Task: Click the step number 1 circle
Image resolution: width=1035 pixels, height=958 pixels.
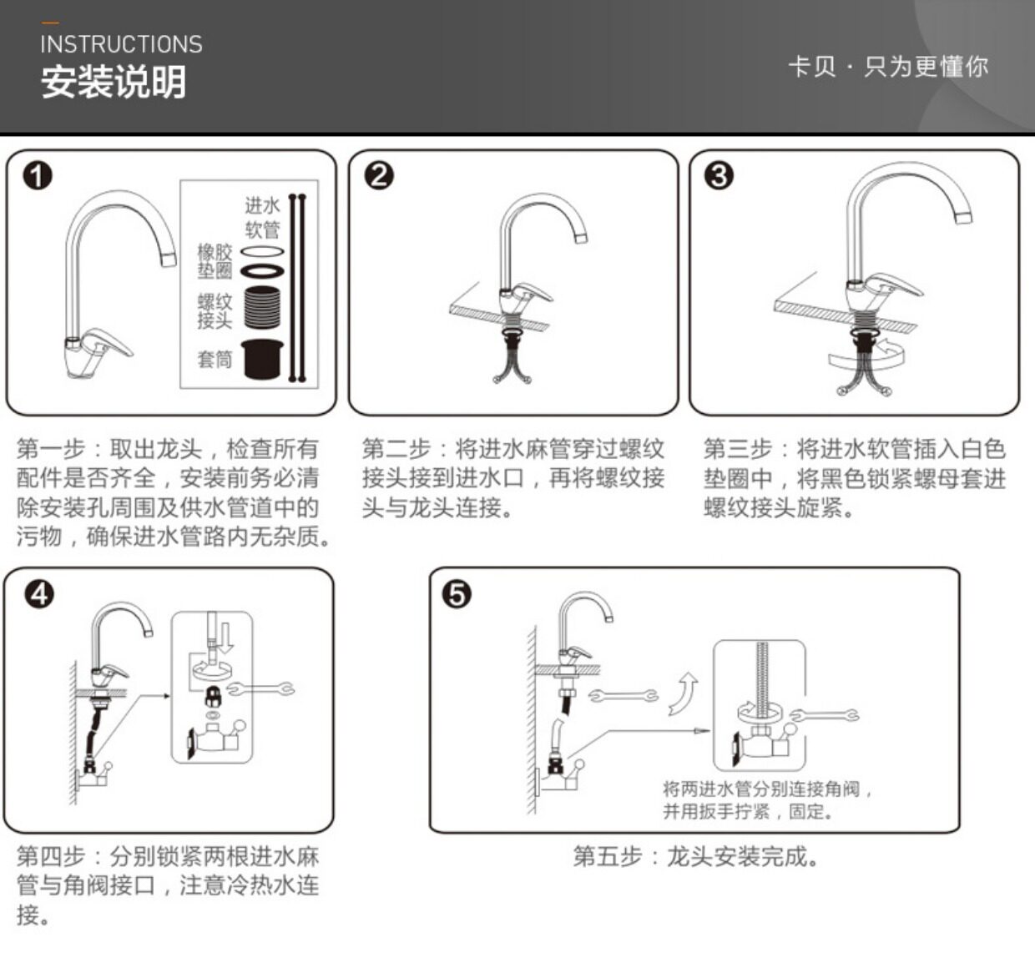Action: click(38, 176)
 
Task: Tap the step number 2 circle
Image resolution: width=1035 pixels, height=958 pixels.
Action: click(380, 175)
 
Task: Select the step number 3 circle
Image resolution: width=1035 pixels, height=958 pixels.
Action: click(719, 175)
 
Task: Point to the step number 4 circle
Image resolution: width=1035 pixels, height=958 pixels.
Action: click(39, 593)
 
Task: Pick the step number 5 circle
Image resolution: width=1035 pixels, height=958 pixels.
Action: click(457, 594)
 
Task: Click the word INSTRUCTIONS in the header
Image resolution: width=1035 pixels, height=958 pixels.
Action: click(121, 44)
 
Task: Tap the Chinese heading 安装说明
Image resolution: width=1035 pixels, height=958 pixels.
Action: click(114, 83)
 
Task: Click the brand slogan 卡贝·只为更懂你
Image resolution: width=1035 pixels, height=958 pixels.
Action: click(888, 67)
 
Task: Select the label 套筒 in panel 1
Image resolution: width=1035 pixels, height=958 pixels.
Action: click(215, 360)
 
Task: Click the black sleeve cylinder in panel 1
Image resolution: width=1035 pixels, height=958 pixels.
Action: click(263, 359)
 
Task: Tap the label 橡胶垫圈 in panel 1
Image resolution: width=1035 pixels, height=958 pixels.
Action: click(215, 261)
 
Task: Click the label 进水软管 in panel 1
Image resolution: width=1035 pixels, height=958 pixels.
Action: click(262, 217)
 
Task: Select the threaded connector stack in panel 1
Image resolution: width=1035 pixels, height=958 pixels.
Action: click(263, 307)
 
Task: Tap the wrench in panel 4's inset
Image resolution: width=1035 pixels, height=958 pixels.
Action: click(260, 689)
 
